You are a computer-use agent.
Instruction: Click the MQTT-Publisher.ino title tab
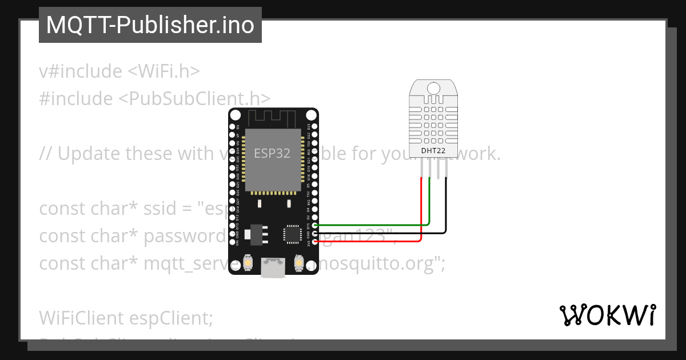click(x=150, y=25)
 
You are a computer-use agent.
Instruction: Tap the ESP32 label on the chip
click(x=272, y=153)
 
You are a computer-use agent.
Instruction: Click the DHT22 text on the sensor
click(x=433, y=151)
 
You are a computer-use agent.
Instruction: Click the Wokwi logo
click(x=608, y=315)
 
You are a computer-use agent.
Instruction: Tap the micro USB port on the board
click(x=273, y=267)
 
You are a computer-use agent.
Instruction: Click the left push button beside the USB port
click(x=249, y=263)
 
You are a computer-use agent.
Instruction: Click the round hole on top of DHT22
click(x=433, y=88)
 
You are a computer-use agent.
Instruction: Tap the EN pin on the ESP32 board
click(x=232, y=126)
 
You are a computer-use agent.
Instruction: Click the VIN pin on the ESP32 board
click(x=232, y=242)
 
